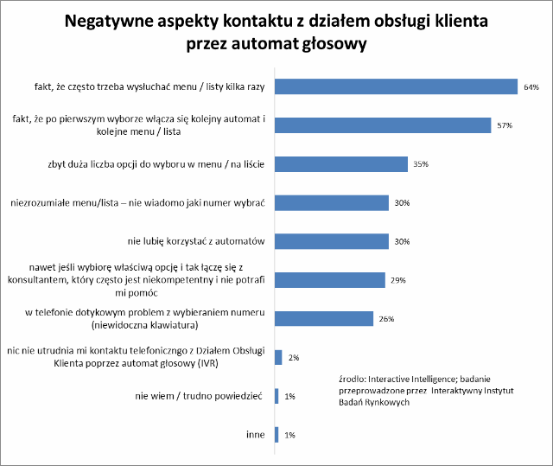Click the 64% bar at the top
[396, 86]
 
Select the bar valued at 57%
[383, 125]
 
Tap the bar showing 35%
[340, 164]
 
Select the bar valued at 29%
[329, 280]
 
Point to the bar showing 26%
[323, 318]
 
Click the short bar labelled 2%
[278, 356]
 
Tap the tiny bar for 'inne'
[276, 434]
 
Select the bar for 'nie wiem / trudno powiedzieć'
[276, 395]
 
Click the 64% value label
[531, 87]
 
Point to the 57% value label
[505, 126]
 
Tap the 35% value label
[421, 164]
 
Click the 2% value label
[295, 357]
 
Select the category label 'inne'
[257, 434]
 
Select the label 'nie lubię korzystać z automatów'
[200, 241]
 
